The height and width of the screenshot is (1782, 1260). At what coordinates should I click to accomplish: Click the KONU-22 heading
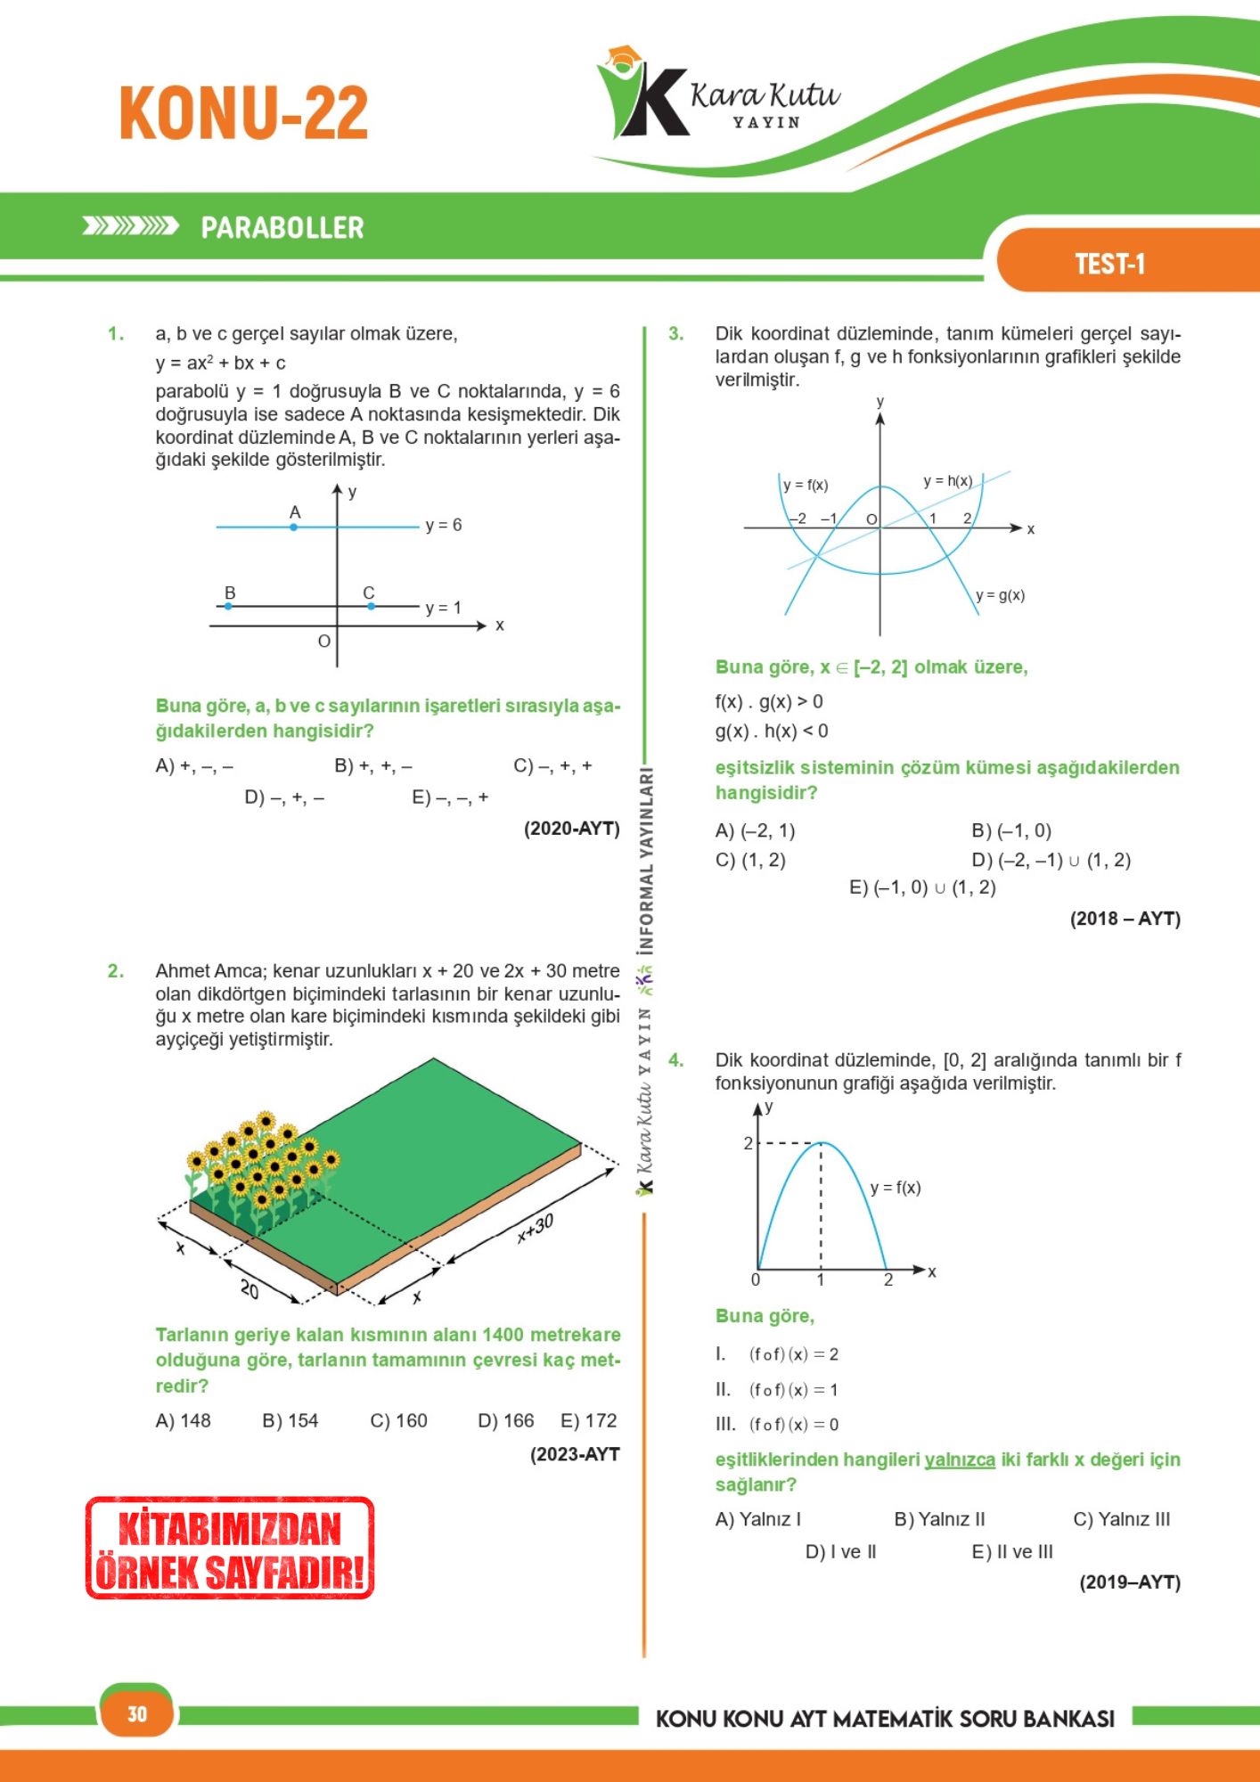[x=243, y=113]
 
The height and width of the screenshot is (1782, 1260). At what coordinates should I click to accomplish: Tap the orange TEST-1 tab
[x=1109, y=264]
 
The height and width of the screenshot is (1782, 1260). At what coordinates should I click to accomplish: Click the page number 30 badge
[x=136, y=1713]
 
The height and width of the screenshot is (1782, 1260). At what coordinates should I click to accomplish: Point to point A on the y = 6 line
[x=294, y=527]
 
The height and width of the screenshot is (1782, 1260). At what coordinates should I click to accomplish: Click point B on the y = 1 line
[x=228, y=606]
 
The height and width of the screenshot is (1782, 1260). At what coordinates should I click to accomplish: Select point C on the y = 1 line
[x=372, y=606]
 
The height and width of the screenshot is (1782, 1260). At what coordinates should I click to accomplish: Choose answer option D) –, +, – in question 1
[x=284, y=797]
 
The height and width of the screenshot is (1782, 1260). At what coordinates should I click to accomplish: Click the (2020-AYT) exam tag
[x=571, y=829]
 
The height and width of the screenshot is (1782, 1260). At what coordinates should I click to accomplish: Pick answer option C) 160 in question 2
[x=398, y=1420]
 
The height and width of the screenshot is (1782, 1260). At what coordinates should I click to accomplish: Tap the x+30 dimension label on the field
[x=536, y=1228]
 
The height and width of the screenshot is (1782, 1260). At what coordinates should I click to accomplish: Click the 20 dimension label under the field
[x=250, y=1288]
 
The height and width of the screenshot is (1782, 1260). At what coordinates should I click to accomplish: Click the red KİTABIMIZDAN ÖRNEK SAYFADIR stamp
[x=230, y=1548]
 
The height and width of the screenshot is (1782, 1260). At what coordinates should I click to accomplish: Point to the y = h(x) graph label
[x=947, y=481]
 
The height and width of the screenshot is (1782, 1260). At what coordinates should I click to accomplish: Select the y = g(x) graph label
[x=1000, y=595]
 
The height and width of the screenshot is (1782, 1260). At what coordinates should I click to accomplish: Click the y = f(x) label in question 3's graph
[x=806, y=485]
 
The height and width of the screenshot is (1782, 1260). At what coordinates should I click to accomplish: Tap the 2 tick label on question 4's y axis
[x=749, y=1143]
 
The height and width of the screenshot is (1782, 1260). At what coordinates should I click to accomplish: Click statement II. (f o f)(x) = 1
[x=776, y=1389]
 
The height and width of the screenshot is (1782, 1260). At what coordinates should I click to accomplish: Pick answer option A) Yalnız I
[x=757, y=1519]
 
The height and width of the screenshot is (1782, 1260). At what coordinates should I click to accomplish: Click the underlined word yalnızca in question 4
[x=959, y=1459]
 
